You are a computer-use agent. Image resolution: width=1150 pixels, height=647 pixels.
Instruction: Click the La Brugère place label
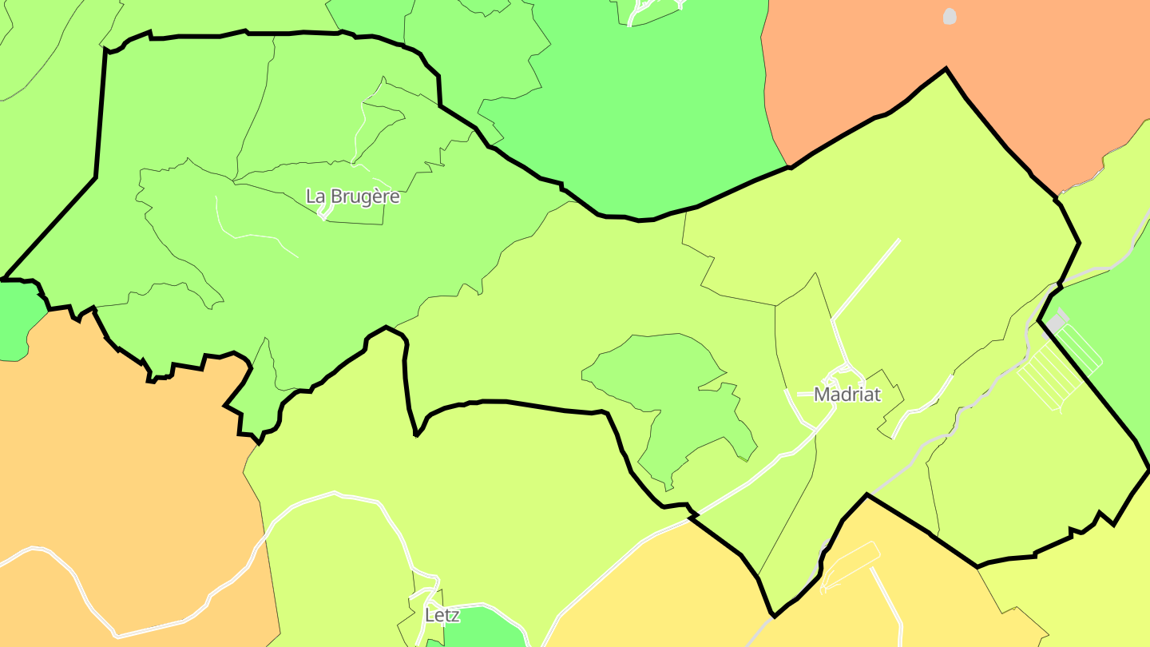click(352, 196)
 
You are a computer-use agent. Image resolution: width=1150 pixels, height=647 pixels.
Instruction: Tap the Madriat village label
click(847, 395)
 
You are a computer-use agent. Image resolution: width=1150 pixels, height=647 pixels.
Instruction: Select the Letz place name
click(442, 615)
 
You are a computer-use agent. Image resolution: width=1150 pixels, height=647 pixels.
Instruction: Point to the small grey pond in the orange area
click(949, 16)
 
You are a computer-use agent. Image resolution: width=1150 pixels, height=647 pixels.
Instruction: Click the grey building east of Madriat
click(1057, 322)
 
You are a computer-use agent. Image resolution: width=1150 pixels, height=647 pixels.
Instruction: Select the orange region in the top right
click(998, 64)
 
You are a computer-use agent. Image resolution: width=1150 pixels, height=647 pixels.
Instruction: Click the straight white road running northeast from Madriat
click(866, 280)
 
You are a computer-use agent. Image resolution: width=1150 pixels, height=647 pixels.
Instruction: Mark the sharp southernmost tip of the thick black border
click(773, 616)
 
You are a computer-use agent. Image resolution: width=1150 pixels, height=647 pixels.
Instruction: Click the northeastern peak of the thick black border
click(946, 69)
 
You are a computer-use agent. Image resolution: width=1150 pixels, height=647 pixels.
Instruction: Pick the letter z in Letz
click(455, 615)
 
